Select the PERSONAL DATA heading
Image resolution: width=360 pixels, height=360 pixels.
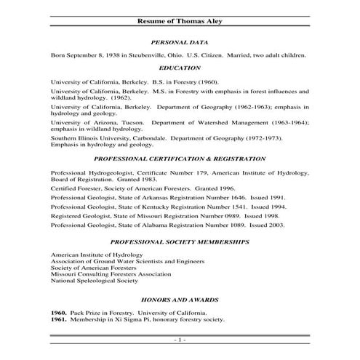[180, 43]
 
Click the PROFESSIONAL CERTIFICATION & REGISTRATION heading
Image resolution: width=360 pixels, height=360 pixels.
[180, 158]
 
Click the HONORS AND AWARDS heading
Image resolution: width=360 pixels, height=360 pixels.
[180, 300]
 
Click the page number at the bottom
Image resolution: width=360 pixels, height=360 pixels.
[180, 340]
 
